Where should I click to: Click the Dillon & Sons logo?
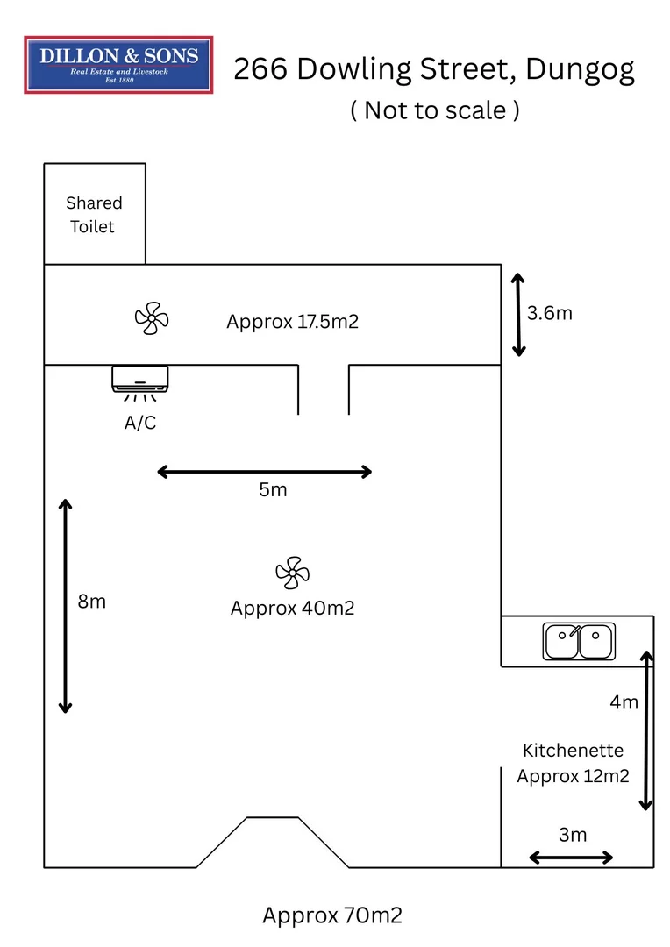coord(118,65)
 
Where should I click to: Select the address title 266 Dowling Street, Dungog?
coord(433,69)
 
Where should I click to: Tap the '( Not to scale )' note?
coord(434,110)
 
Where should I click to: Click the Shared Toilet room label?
coord(94,215)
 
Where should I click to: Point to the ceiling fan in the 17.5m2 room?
coord(151,318)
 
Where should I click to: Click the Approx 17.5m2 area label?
coord(292,321)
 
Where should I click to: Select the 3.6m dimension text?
coord(550,313)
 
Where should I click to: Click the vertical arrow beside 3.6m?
coord(518,315)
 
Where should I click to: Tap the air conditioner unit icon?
coord(140,380)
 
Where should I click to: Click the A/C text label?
coord(140,423)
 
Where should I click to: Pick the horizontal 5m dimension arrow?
coord(265,472)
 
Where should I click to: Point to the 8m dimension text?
coord(91,602)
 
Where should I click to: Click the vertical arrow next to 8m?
coord(65,606)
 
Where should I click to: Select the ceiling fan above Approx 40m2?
coord(292,573)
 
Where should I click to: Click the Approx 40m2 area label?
coord(292,608)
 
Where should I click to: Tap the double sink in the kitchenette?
coord(579,641)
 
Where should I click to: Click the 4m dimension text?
coord(624,701)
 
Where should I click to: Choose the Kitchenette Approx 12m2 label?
coord(573,763)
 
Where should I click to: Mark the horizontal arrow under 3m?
coord(571,858)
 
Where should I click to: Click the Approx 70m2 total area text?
coord(332,915)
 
